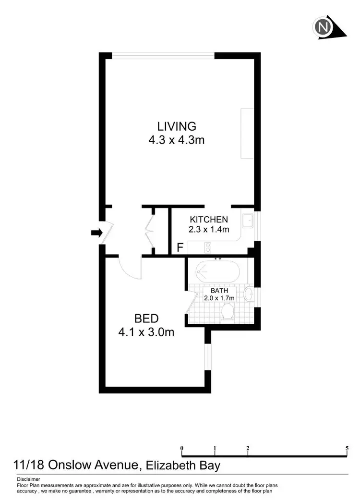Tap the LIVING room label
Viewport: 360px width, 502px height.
click(x=177, y=126)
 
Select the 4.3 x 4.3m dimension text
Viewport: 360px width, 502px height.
click(x=177, y=140)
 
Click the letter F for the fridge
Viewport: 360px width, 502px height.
click(x=180, y=248)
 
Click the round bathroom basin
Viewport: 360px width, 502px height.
click(x=249, y=293)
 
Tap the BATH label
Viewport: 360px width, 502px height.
click(x=219, y=291)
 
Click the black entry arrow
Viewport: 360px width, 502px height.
click(x=96, y=233)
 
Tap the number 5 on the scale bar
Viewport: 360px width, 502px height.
click(x=347, y=448)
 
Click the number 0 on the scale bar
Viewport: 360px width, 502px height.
click(x=182, y=448)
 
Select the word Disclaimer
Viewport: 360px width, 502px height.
click(x=28, y=479)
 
